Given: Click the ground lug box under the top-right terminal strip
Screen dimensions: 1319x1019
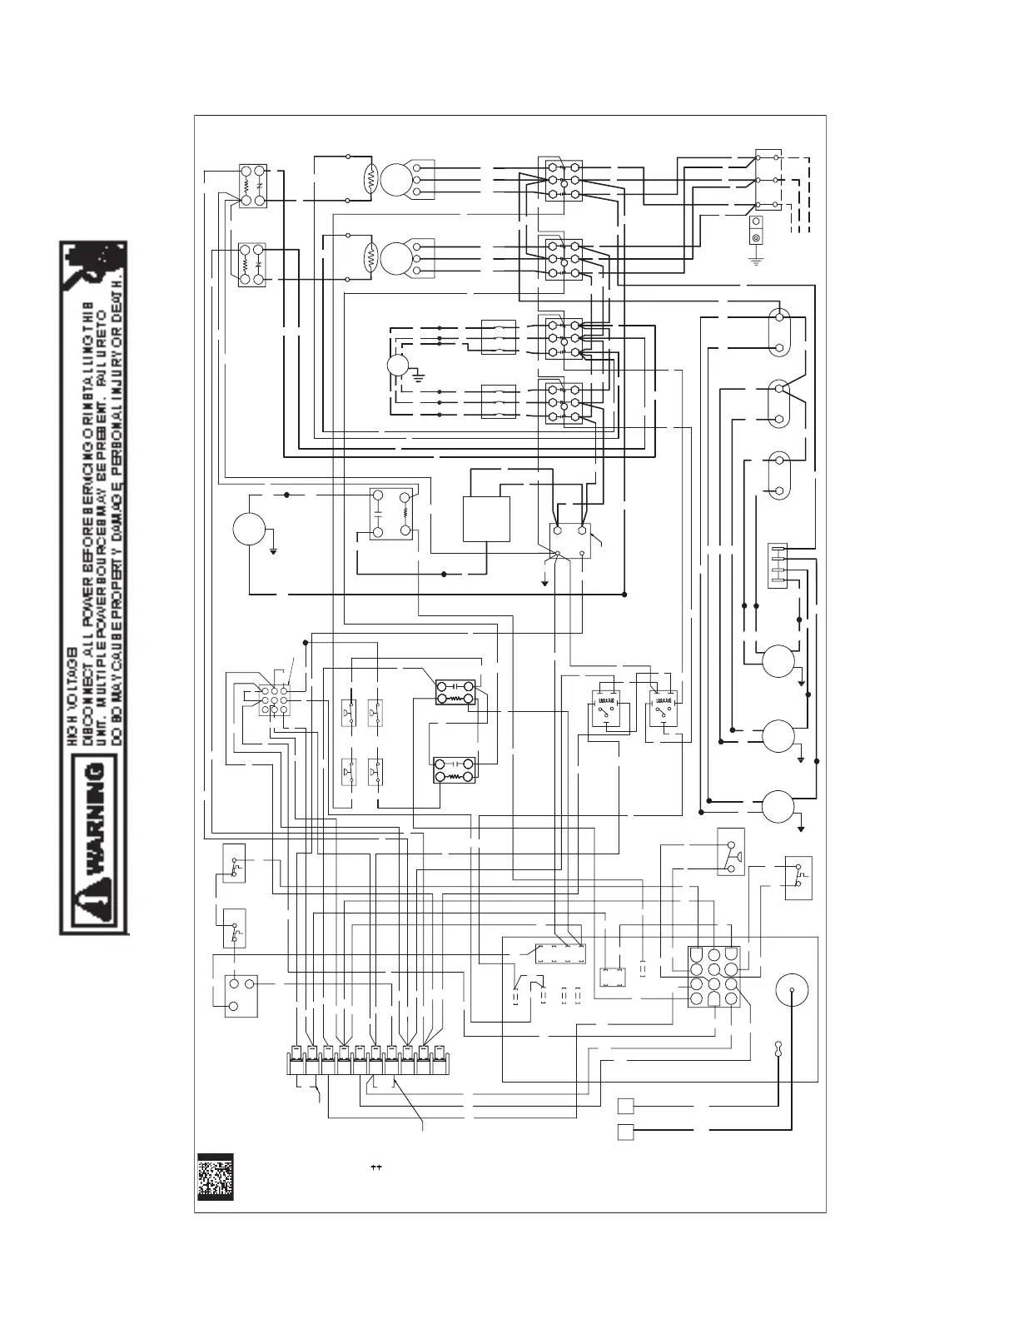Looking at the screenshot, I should click(758, 231).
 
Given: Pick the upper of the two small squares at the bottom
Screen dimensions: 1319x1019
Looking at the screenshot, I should click(626, 1106).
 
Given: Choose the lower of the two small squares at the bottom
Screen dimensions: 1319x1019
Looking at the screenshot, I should click(626, 1132).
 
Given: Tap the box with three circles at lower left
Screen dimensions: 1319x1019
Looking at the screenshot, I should click(241, 994).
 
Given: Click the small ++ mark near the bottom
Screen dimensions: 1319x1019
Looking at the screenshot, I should click(375, 1167).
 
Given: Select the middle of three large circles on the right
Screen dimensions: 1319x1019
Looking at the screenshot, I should click(778, 735).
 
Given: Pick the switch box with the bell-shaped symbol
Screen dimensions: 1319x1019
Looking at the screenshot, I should click(731, 851).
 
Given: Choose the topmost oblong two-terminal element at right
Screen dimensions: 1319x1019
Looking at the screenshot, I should click(779, 332).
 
